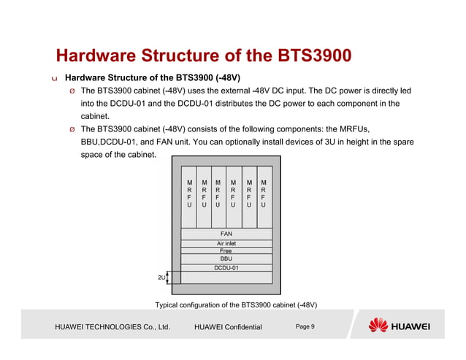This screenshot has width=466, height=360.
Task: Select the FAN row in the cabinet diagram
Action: click(x=226, y=234)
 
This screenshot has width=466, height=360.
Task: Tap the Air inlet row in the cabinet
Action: click(x=226, y=243)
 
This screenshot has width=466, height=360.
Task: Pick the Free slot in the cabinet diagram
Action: click(x=226, y=250)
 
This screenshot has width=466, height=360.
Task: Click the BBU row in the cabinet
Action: click(x=226, y=258)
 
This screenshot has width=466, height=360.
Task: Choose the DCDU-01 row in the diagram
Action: click(x=226, y=268)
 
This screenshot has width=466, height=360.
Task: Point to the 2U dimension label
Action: click(x=161, y=277)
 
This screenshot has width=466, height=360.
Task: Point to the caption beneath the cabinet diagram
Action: click(x=236, y=304)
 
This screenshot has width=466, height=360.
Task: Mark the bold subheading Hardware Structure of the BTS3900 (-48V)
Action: click(x=153, y=77)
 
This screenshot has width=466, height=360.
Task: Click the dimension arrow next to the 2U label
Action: click(x=168, y=277)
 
